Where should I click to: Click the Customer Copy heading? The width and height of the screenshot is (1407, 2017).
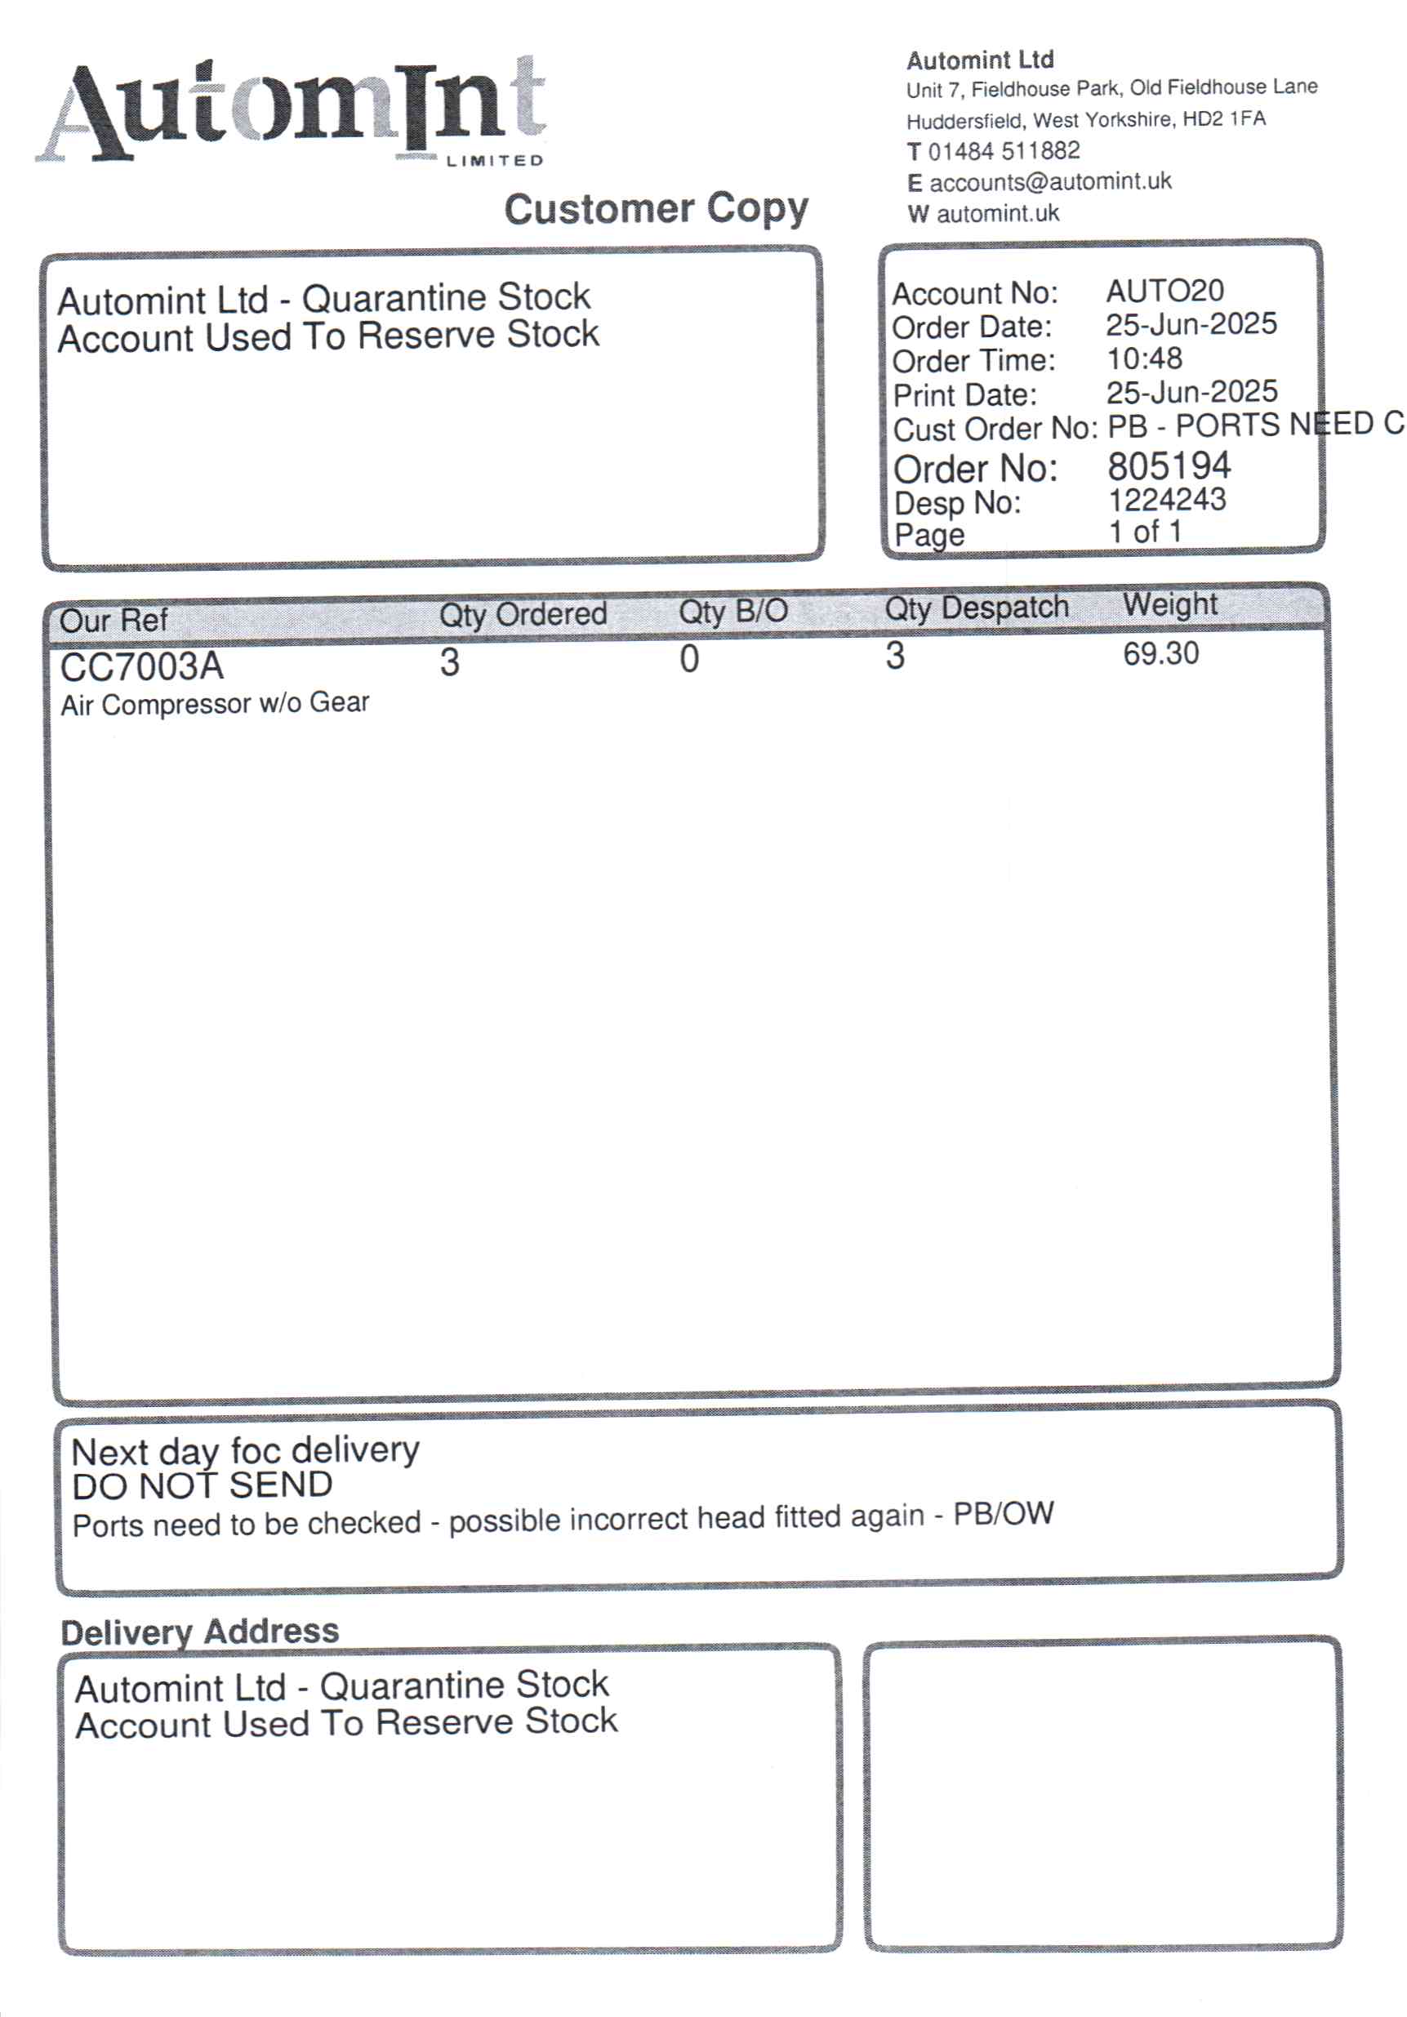[655, 209]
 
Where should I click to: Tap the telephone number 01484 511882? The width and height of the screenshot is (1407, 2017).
[1003, 151]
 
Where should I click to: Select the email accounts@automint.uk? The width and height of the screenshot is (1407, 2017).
[1049, 182]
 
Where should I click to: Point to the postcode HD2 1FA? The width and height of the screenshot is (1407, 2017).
[1223, 118]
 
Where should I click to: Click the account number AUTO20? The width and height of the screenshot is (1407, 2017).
[1164, 291]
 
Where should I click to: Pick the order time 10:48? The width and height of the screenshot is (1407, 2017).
[1143, 358]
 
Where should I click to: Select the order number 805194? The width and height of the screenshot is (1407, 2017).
[1168, 465]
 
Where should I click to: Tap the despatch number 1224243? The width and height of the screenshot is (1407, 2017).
[1166, 500]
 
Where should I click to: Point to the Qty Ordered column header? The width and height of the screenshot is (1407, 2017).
[523, 613]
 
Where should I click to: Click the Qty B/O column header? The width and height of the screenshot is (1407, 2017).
[732, 611]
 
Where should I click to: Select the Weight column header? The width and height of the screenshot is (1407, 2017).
[1169, 604]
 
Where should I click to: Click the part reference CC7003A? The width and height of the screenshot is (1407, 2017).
[141, 667]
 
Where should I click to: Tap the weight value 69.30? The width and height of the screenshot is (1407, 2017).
[1160, 653]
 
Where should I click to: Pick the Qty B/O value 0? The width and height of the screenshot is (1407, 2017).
[689, 659]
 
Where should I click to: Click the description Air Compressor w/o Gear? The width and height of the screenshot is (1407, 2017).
[214, 704]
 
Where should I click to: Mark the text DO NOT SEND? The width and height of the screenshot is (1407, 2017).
[202, 1485]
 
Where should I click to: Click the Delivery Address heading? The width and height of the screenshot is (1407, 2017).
[199, 1632]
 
